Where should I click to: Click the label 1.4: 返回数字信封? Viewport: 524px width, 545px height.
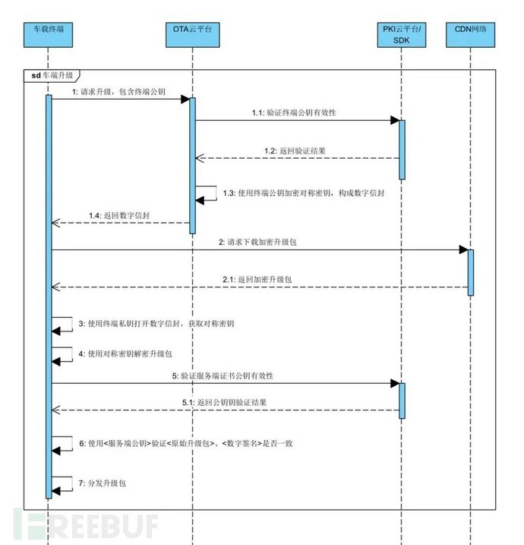[x=119, y=217]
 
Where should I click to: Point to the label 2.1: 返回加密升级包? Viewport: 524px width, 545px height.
[x=258, y=280]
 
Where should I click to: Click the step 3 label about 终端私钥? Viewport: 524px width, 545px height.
[x=156, y=324]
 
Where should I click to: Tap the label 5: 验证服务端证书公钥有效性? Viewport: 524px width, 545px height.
[x=223, y=376]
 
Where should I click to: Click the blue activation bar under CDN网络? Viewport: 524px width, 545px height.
[x=471, y=272]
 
